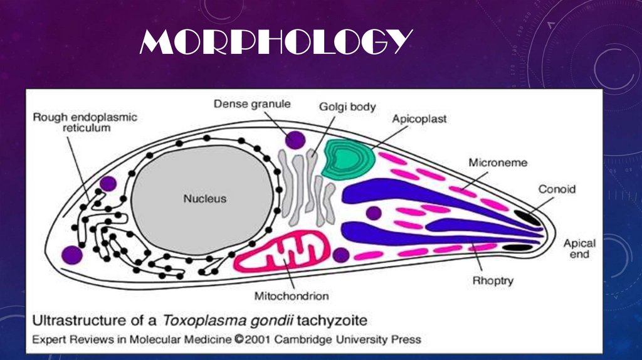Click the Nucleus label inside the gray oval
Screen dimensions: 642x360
pos(204,199)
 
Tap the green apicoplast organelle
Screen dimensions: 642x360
pos(348,158)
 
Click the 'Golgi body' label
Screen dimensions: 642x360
pos(347,107)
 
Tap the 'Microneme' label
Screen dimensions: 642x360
pos(498,162)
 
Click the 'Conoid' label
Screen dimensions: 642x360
pos(556,188)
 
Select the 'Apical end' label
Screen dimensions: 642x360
pos(579,248)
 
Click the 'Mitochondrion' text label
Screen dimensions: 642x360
pos(292,295)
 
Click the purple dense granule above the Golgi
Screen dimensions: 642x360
pos(295,139)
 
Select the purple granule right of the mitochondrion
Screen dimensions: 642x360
pos(341,255)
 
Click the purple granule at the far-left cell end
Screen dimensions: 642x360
pos(72,255)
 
